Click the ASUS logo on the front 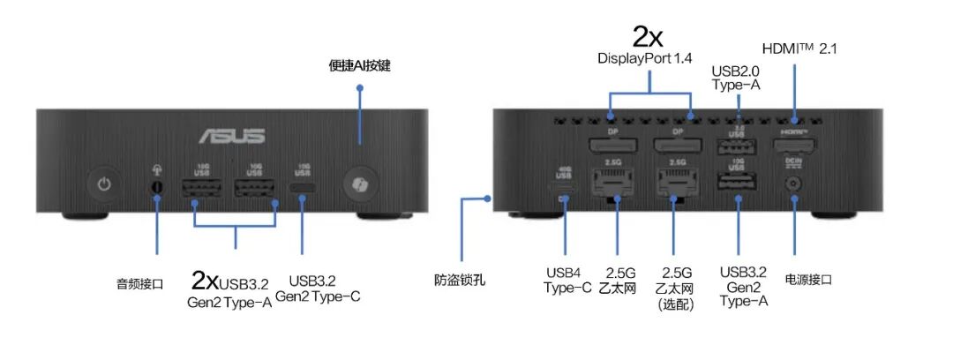(233, 136)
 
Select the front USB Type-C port (303, 189)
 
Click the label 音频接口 (140, 283)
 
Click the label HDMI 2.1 (799, 48)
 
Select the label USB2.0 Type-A (736, 78)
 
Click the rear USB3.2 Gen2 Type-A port (736, 184)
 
